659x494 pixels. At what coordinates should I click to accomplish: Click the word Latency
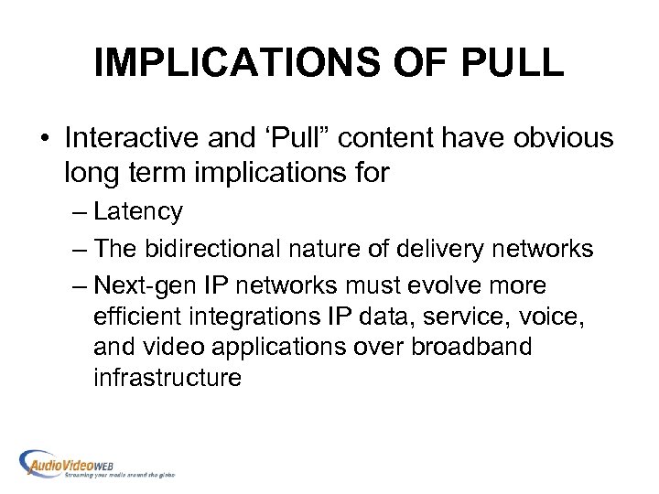pos(137,212)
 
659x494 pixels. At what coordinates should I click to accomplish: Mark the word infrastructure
pos(167,378)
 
